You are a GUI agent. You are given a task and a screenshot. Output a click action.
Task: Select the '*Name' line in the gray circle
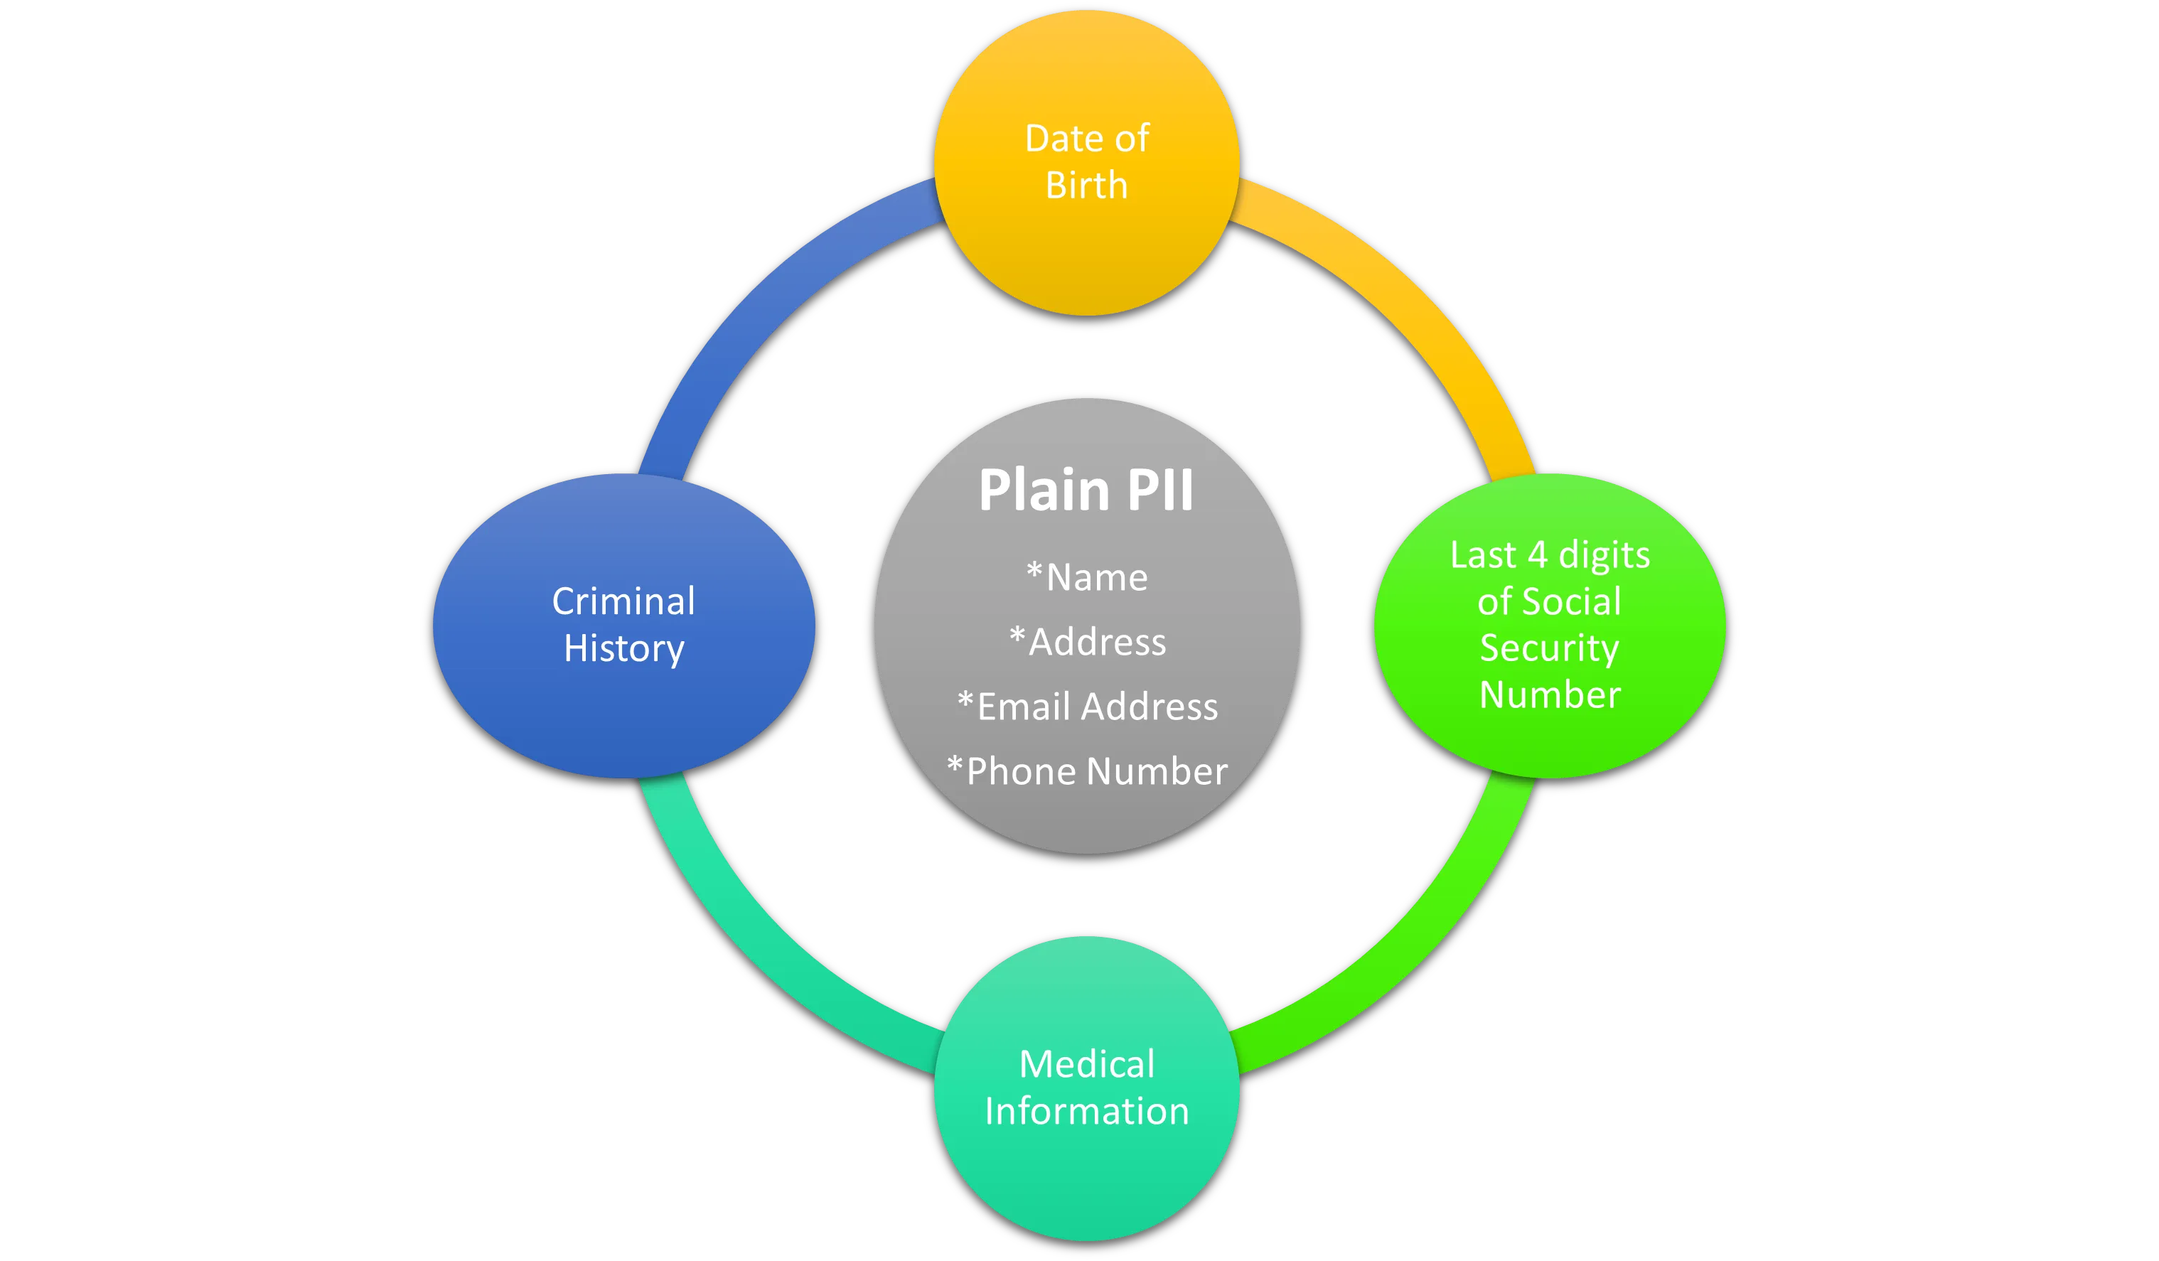pos(1087,577)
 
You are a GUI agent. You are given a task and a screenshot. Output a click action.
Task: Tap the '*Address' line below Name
pos(1087,642)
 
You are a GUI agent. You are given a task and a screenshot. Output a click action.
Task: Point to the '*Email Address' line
pos(1087,707)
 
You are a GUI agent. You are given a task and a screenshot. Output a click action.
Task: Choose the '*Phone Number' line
pos(1087,771)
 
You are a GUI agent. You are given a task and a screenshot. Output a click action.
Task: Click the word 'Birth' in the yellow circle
pos(1086,185)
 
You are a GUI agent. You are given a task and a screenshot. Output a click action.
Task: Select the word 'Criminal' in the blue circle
pos(623,601)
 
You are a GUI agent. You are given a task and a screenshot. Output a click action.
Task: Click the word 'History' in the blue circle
pos(623,648)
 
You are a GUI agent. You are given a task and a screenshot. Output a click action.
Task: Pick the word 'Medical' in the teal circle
pos(1086,1064)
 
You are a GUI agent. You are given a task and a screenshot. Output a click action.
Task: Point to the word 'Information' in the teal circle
pos(1086,1111)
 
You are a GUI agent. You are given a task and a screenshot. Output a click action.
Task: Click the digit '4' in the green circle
pos(1537,555)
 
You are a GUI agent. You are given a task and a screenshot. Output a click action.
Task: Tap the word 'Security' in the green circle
pos(1549,648)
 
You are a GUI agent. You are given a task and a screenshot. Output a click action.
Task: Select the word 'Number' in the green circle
pos(1549,694)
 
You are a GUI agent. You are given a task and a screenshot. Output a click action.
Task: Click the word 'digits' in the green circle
pos(1604,555)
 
